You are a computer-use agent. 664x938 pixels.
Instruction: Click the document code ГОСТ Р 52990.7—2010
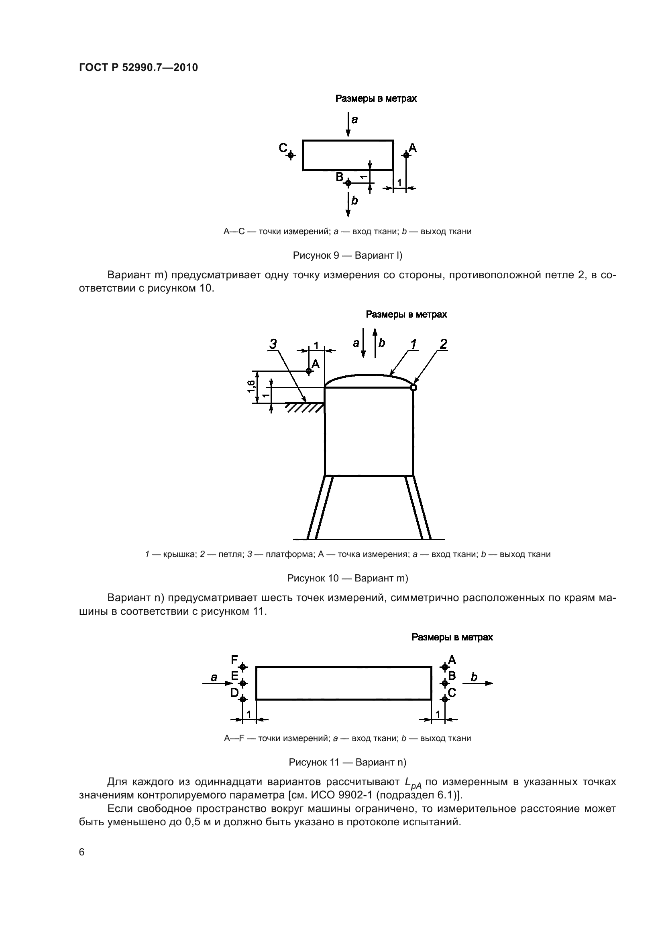138,67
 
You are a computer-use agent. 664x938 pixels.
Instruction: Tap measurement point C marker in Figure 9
291,155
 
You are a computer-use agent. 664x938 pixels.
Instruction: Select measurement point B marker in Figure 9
348,183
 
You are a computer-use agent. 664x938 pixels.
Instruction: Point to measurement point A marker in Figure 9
405,155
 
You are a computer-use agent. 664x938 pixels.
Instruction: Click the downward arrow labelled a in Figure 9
348,125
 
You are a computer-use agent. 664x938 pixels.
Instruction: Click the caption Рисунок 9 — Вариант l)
348,255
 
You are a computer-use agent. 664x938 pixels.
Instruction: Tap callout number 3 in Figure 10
273,344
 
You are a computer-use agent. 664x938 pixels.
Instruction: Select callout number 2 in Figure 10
443,344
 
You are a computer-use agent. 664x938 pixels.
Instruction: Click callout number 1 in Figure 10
414,344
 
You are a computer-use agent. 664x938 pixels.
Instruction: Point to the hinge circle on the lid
413,387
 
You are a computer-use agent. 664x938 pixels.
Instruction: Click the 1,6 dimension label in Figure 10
251,386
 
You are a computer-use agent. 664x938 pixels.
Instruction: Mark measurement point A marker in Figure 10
309,371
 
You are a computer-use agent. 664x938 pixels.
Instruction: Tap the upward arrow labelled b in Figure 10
375,343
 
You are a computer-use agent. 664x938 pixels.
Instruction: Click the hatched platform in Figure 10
305,407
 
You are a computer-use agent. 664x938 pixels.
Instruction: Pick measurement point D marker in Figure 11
243,699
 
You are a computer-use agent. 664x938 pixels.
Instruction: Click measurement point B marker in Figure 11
445,683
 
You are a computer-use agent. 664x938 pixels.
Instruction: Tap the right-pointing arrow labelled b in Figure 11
478,683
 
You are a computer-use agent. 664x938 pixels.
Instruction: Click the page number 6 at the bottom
82,852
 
